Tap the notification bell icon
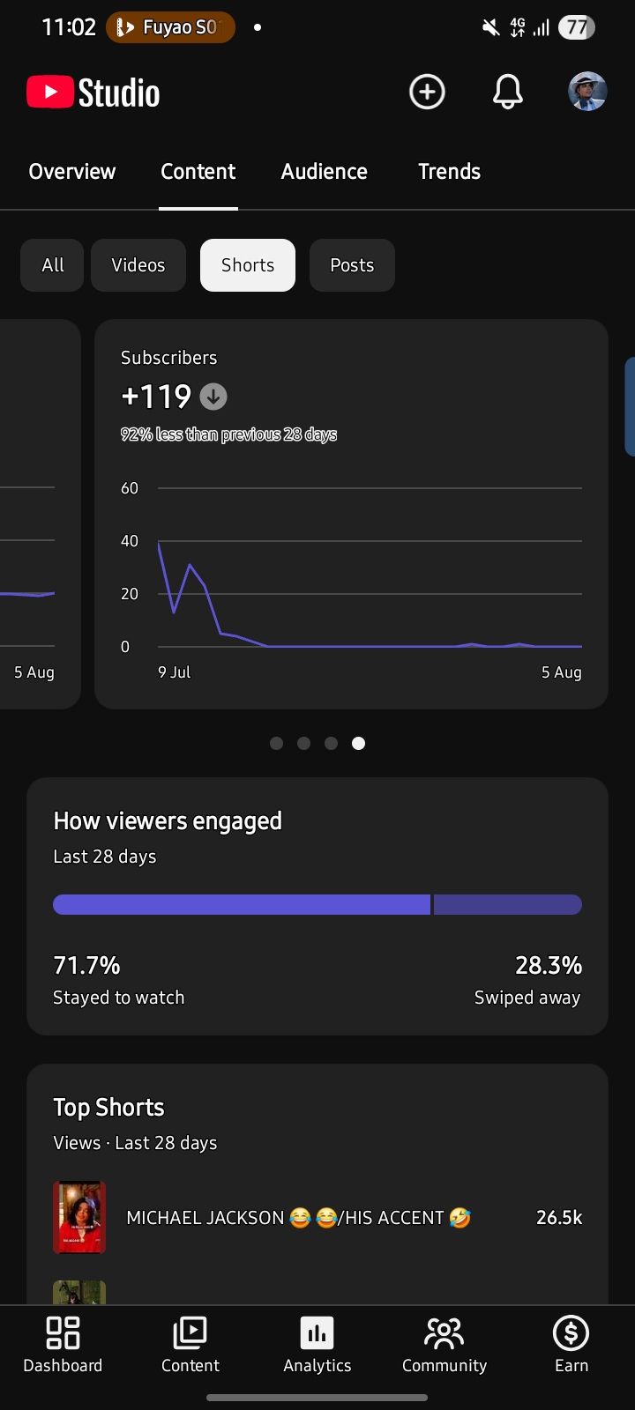pyautogui.click(x=507, y=92)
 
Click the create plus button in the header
pyautogui.click(x=427, y=92)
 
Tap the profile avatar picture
pyautogui.click(x=587, y=92)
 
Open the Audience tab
pyautogui.click(x=324, y=171)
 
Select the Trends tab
pyautogui.click(x=449, y=171)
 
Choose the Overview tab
pyautogui.click(x=71, y=171)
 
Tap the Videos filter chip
pyautogui.click(x=138, y=265)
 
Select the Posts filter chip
pyautogui.click(x=352, y=265)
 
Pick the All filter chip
pyautogui.click(x=52, y=265)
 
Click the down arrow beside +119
pyautogui.click(x=213, y=397)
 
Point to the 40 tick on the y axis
pyautogui.click(x=129, y=541)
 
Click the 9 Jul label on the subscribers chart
pyautogui.click(x=174, y=672)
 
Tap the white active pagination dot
pyautogui.click(x=358, y=744)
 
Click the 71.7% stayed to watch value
pyautogui.click(x=86, y=965)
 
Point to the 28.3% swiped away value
pyautogui.click(x=548, y=965)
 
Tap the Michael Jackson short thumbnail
pyautogui.click(x=79, y=1217)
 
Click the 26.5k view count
pyautogui.click(x=559, y=1217)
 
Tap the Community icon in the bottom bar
pyautogui.click(x=444, y=1333)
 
